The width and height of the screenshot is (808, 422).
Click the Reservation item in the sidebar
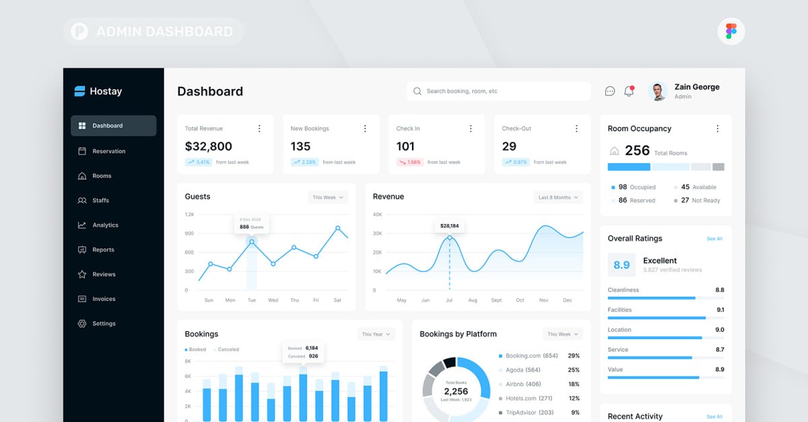click(108, 151)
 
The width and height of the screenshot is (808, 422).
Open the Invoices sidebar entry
click(104, 299)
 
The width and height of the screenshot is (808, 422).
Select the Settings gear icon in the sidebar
click(82, 324)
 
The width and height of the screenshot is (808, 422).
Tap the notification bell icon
click(629, 92)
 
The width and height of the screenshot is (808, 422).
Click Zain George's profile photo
click(658, 92)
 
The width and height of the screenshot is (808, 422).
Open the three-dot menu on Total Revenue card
click(259, 129)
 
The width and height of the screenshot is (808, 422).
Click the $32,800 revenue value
click(209, 146)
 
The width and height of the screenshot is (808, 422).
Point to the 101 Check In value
click(405, 146)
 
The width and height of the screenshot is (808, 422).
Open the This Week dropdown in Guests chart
click(328, 197)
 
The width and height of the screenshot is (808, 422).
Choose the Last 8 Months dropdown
click(558, 197)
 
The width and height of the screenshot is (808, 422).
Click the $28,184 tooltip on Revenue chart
click(449, 226)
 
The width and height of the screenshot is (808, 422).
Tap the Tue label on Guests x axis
click(251, 300)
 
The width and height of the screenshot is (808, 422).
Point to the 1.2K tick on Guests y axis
click(189, 215)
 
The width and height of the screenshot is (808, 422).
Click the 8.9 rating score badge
click(621, 265)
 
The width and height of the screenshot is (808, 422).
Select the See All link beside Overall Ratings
click(714, 239)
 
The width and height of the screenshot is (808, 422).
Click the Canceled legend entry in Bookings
click(227, 349)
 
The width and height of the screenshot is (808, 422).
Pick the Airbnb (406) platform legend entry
click(523, 384)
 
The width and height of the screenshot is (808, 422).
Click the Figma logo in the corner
click(731, 31)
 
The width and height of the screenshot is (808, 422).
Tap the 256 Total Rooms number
click(637, 151)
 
